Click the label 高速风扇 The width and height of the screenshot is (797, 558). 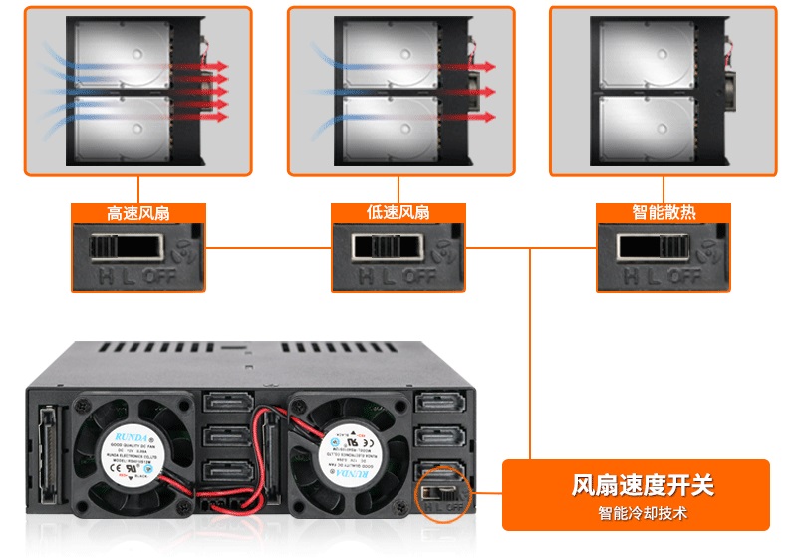pyautogui.click(x=137, y=213)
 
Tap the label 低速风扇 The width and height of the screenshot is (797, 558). pyautogui.click(x=398, y=213)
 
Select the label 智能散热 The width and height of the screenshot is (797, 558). pyautogui.click(x=663, y=213)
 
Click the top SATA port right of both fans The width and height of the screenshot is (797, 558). pyautogui.click(x=437, y=405)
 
